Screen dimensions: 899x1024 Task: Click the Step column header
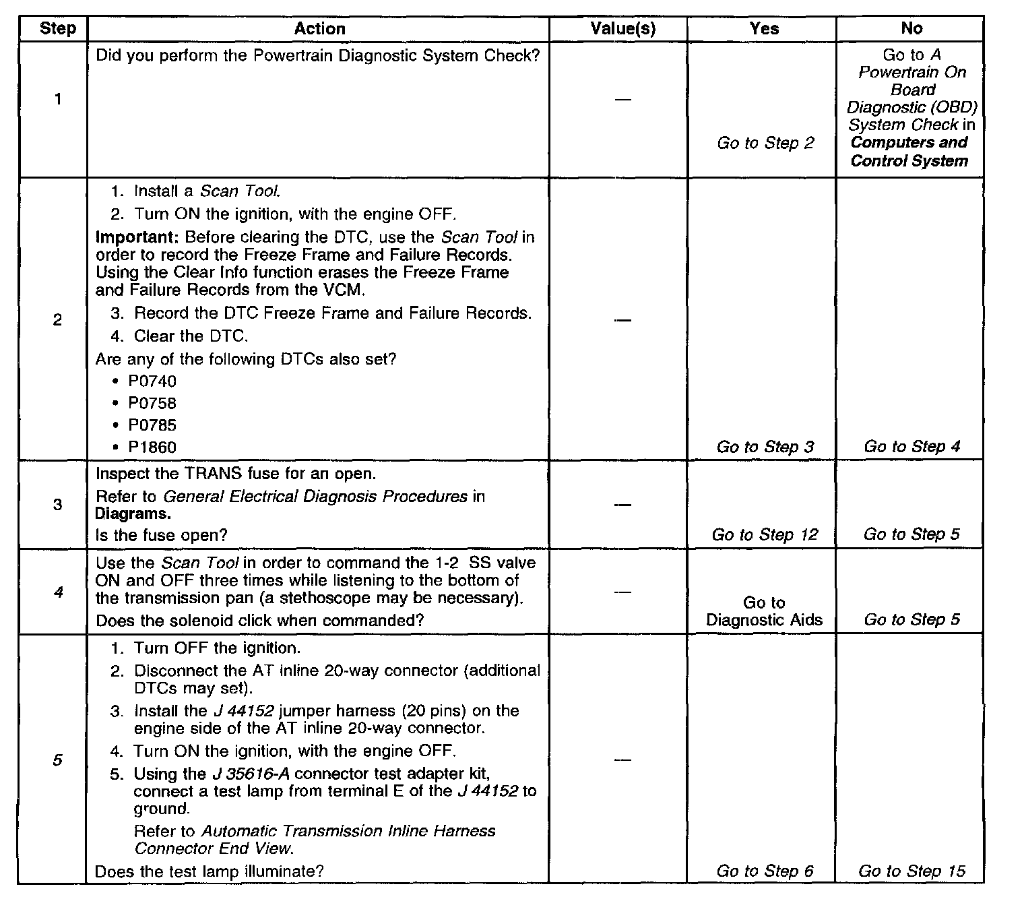tap(57, 29)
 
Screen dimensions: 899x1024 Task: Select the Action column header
tap(319, 29)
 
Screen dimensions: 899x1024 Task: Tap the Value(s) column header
tap(622, 29)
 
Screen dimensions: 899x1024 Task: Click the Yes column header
tap(764, 29)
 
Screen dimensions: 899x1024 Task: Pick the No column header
tap(911, 29)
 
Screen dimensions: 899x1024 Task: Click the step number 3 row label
tap(57, 505)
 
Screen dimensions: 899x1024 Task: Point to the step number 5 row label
tap(57, 760)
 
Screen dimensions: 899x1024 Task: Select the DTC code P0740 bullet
tap(152, 381)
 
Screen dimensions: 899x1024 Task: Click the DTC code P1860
tap(152, 447)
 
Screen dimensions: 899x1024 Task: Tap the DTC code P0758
tap(152, 404)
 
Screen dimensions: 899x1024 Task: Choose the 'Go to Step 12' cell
tap(765, 535)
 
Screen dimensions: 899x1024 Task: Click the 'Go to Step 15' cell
tap(911, 871)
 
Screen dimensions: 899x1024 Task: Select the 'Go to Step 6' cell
tap(765, 871)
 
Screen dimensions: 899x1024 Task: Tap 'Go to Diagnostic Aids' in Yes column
tap(764, 611)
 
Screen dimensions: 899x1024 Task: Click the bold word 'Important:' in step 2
tap(137, 237)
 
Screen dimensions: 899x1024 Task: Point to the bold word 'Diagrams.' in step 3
tap(133, 514)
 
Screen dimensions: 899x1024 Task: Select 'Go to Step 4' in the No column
tap(911, 447)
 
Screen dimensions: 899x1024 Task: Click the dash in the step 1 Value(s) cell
tap(622, 100)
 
